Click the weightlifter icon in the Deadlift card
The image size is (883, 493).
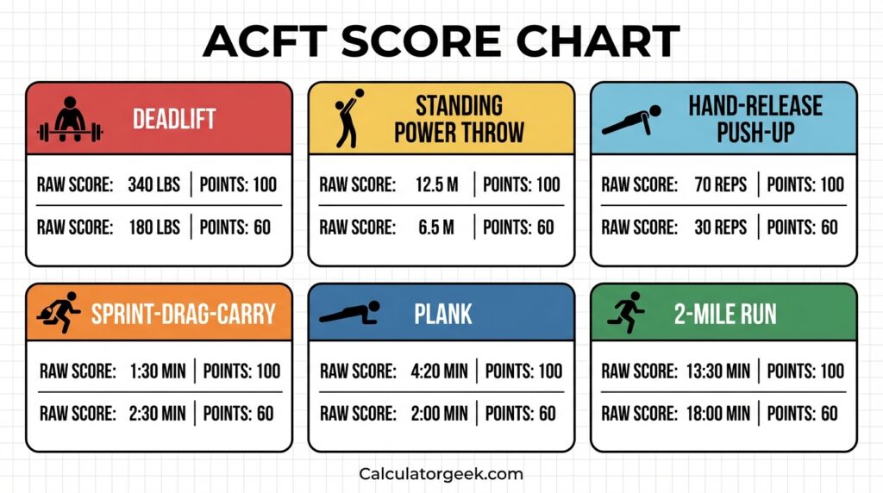(x=71, y=120)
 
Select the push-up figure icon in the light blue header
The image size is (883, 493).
(x=631, y=120)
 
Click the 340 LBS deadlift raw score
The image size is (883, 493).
(x=153, y=184)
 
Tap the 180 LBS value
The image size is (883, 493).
(x=153, y=227)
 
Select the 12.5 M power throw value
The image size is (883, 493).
(x=436, y=184)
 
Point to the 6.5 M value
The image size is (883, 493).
(x=436, y=227)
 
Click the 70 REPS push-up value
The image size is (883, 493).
(x=721, y=184)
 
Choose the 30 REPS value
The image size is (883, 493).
(x=721, y=227)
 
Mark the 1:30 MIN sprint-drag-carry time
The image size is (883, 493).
(x=157, y=371)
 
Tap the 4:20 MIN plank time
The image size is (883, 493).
(x=439, y=371)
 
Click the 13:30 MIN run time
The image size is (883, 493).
(x=718, y=371)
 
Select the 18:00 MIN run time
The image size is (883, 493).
(x=718, y=414)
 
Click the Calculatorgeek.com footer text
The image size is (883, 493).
(x=441, y=473)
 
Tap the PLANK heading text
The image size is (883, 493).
(x=443, y=313)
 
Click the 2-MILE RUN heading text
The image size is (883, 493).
(x=725, y=313)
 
